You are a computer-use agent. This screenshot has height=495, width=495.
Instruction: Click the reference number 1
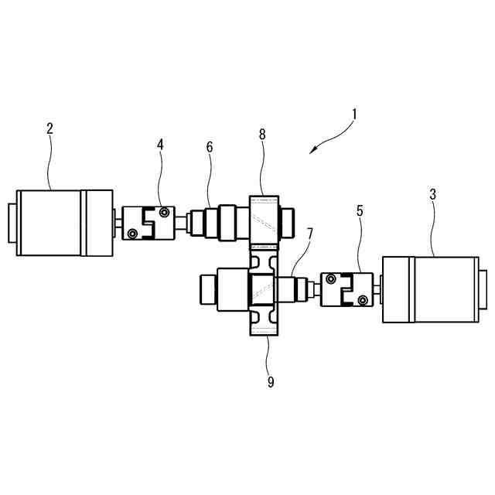[353, 114]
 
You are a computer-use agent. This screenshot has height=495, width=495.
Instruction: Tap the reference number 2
[49, 128]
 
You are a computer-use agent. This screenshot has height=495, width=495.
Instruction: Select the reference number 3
[432, 194]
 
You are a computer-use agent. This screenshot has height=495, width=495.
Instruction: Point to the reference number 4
[160, 144]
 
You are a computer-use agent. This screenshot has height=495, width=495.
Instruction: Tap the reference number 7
[309, 232]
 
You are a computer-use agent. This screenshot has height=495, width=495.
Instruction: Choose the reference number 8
[262, 134]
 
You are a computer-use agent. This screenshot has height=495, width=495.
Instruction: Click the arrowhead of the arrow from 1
[312, 152]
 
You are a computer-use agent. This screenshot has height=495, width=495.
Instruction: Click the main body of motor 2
[51, 224]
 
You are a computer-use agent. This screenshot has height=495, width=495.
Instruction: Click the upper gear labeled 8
[261, 219]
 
